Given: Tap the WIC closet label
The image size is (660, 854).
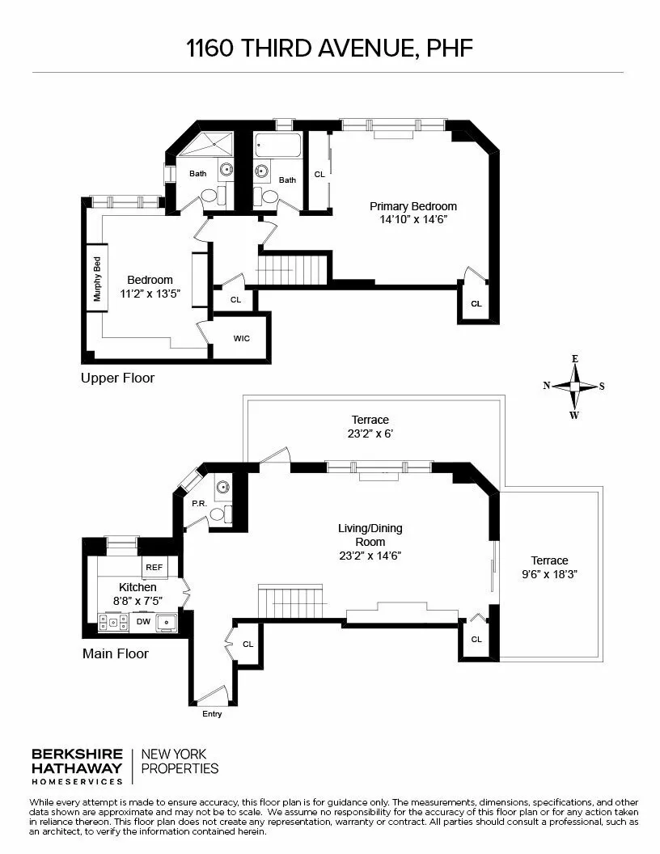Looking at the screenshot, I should pos(241,338).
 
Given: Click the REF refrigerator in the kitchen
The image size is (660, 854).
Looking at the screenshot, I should pos(154,568).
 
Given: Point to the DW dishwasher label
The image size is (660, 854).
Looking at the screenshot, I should pos(142,622).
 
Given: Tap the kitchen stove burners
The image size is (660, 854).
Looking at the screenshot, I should pos(113,623).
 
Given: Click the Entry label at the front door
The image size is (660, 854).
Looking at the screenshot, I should pos(211,714).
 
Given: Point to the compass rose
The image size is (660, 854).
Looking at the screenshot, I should pos(574,387).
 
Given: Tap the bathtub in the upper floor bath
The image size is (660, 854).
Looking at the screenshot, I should pos(277,148).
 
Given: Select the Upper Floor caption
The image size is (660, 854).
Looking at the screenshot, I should pos(117,378).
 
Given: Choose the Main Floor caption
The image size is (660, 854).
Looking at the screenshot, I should pos(116,653).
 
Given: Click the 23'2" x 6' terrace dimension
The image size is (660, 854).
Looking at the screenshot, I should pos(370,433).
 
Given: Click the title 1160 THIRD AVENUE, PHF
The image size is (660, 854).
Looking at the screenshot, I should pos(329,49).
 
